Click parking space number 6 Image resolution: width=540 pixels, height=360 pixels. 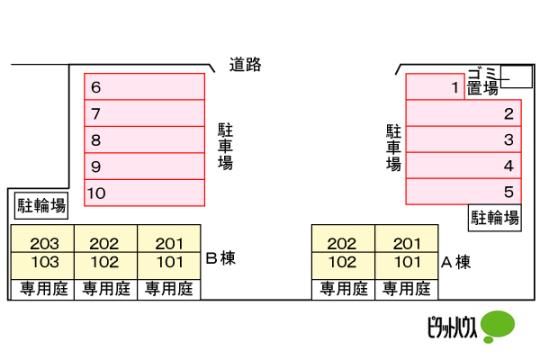pos(144,86)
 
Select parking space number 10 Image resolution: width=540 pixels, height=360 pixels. pos(144,193)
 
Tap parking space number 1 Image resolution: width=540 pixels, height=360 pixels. pos(435,87)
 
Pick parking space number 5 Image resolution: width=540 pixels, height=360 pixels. pos(463,192)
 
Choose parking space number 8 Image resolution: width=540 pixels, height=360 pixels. pos(144,140)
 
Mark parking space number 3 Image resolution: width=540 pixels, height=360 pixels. pos(463,139)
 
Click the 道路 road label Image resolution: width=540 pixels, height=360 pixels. pos(245,65)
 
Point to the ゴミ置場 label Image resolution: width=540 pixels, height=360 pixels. pos(483,81)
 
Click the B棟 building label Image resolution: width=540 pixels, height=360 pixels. pos(220,258)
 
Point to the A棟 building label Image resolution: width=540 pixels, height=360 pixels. pos(456,263)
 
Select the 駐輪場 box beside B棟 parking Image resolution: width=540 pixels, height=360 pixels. pos(41,206)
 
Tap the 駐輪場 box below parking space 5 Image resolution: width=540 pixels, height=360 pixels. pos(495,218)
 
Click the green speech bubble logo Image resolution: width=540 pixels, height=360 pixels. pos(498,326)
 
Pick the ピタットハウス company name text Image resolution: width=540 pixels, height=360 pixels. pos(453,327)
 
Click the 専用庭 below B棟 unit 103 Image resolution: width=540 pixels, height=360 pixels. pos(43,289)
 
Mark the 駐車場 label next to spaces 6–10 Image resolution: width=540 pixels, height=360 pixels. pos(226,146)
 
